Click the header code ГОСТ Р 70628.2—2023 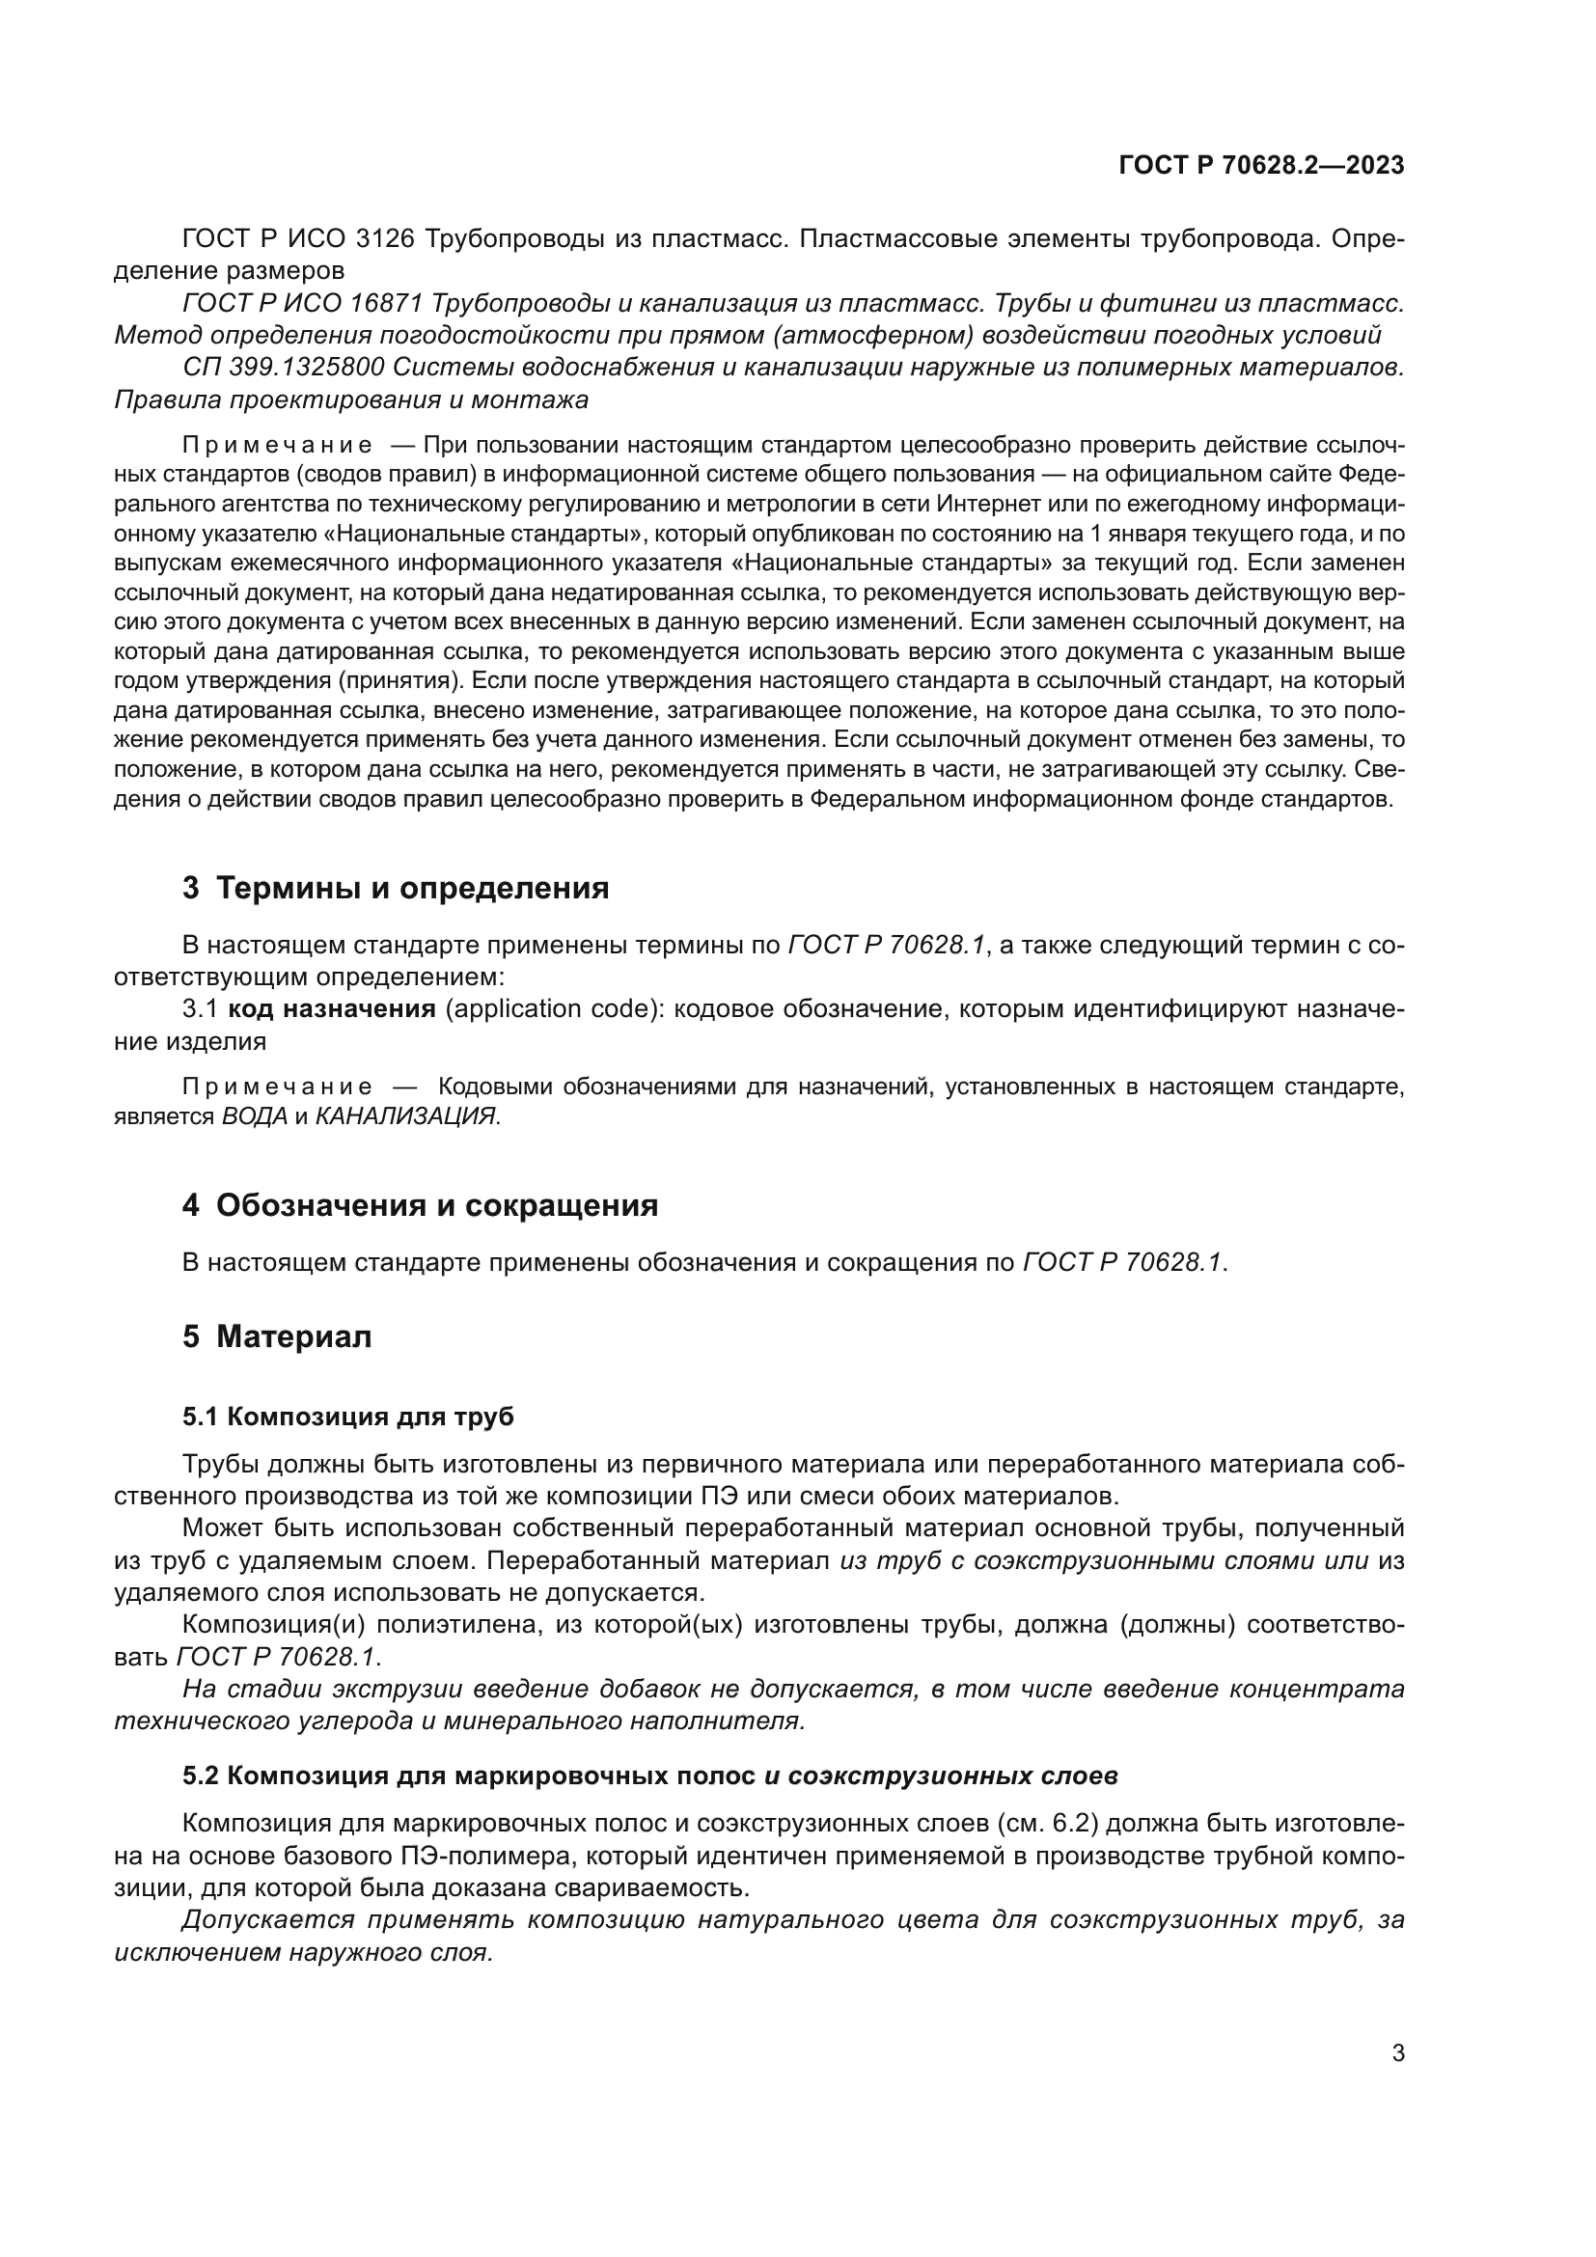[x=1261, y=165]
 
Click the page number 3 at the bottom [x=1397, y=2052]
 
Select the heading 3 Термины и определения [x=395, y=888]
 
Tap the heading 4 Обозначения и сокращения [x=420, y=1205]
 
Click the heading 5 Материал [x=277, y=1336]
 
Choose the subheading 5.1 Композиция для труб [x=348, y=1417]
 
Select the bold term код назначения [x=332, y=1008]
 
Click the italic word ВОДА [x=255, y=1115]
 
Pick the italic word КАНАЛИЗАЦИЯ [x=405, y=1115]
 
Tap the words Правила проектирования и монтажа [x=351, y=400]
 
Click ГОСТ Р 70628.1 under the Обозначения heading [x=1122, y=1262]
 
